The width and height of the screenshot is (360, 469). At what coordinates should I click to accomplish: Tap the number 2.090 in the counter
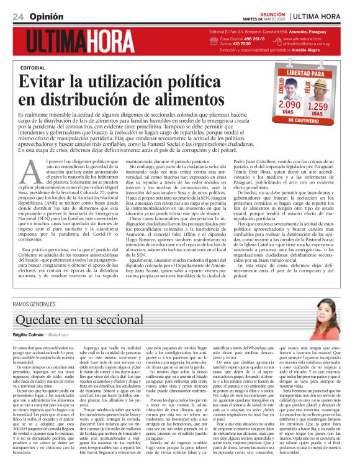click(291, 105)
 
